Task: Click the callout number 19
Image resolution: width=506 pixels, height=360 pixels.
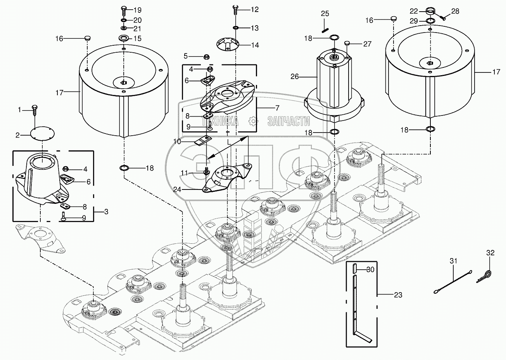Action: coord(137,10)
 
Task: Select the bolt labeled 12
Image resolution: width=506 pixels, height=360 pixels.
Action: coord(235,9)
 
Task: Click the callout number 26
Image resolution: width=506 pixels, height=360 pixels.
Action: coord(295,77)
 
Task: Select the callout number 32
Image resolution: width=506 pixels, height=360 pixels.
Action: coord(490,253)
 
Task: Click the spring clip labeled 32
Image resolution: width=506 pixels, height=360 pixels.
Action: coord(484,276)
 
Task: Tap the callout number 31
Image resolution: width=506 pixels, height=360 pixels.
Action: coord(453,261)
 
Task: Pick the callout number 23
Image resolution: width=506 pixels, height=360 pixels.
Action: coord(398,295)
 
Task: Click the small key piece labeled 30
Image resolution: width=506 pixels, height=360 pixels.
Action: coord(354,269)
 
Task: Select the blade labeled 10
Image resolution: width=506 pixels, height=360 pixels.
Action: coord(203,141)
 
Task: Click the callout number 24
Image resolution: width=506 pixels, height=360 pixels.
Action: coord(177,189)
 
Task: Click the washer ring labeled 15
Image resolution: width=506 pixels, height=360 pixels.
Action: coord(123,38)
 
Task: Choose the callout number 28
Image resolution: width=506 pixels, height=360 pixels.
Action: coord(455,11)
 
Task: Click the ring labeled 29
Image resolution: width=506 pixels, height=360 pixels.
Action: coord(431,21)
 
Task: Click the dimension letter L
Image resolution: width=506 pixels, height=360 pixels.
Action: coord(229,142)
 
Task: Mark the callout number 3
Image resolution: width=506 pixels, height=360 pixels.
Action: coord(106,212)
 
